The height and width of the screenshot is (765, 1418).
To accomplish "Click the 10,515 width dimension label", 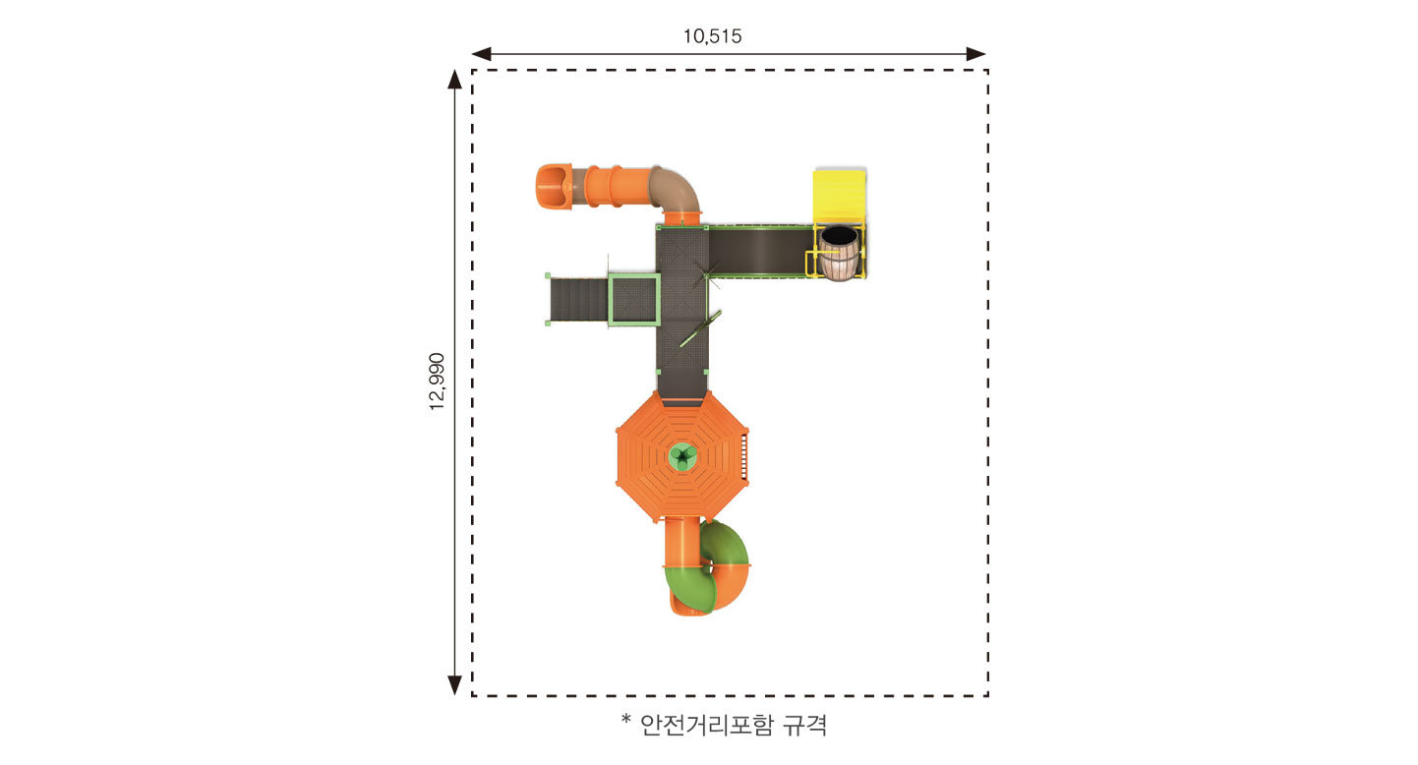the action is click(712, 36).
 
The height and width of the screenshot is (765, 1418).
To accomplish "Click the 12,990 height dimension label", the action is click(437, 382).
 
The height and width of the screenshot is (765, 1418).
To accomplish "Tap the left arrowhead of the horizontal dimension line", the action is click(481, 54).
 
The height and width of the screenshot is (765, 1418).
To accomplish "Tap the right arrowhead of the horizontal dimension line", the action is click(975, 54).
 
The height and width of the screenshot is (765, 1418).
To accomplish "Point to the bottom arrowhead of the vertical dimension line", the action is click(454, 685).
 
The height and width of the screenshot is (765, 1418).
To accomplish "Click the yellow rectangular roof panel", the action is click(840, 196).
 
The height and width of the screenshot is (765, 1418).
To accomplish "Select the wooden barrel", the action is click(839, 253).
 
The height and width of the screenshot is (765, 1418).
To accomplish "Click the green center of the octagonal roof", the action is click(683, 457).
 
